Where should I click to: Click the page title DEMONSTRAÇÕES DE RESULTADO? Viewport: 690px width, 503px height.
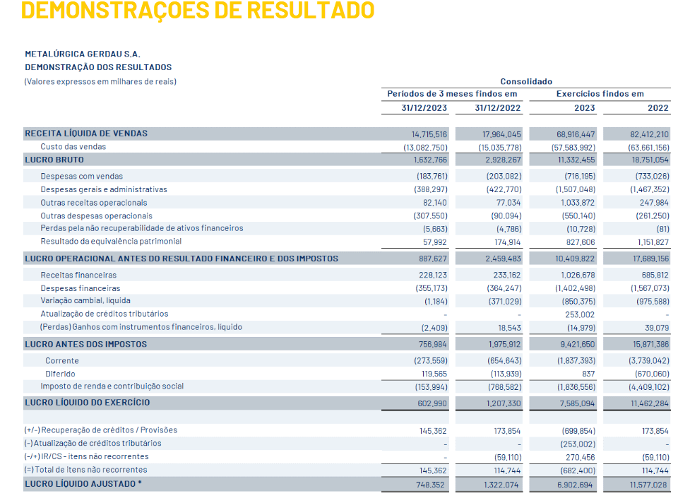pos(198,10)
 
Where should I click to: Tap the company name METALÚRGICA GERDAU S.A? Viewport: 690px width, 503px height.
pos(83,54)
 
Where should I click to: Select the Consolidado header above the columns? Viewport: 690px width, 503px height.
pos(526,81)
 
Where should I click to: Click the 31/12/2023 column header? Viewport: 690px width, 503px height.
pos(424,108)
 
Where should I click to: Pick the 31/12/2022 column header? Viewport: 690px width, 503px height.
pos(497,108)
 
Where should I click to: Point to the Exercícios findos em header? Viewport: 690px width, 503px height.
pos(600,94)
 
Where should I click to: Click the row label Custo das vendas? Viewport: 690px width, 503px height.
pos(73,146)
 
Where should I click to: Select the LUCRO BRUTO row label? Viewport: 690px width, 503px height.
pos(54,160)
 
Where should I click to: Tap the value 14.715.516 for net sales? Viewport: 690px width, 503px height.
pos(429,134)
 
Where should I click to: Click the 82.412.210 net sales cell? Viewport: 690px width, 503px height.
pos(649,134)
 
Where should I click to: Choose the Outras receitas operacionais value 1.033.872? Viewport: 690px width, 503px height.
pos(577,203)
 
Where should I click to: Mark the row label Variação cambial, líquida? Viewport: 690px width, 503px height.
pos(85,300)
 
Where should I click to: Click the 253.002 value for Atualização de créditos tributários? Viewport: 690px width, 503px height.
pos(580,314)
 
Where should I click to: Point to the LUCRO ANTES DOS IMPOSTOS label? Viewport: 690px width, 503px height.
pos(86,344)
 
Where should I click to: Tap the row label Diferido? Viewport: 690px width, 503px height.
pos(60,374)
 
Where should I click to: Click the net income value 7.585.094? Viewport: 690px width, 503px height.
pos(577,403)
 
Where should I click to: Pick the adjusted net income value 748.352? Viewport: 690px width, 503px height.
pos(430,485)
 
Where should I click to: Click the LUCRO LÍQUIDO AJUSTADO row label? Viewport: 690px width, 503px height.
pos(83,484)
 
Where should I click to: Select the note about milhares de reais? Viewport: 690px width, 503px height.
pos(100,81)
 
